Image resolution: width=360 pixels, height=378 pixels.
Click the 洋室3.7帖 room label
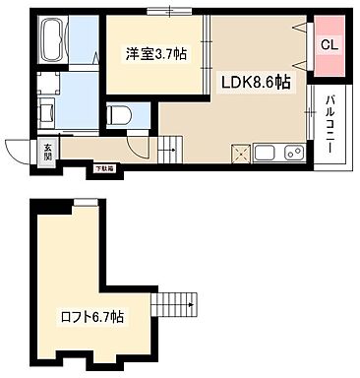tap(154, 54)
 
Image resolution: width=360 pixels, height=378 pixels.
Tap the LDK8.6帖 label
tap(254, 82)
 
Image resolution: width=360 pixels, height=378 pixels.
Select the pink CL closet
tap(329, 45)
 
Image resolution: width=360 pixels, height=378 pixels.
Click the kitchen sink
tap(265, 153)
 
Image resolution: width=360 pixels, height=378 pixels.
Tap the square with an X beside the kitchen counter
tap(240, 154)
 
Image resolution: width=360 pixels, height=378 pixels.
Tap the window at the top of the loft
tap(86, 202)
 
